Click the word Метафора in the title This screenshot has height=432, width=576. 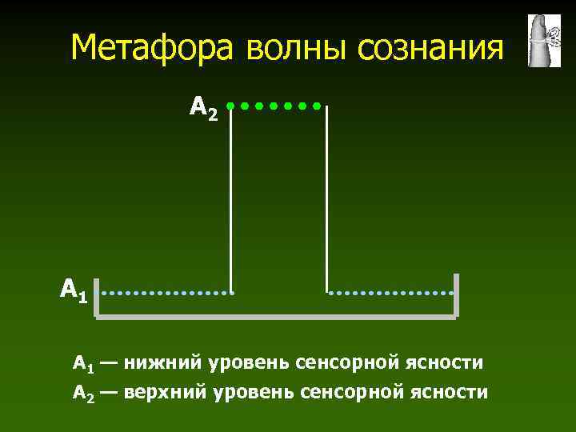[x=154, y=48]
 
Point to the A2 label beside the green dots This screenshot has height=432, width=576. [x=203, y=106]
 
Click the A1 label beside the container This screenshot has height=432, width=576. [x=74, y=289]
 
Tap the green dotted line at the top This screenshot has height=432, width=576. [x=274, y=105]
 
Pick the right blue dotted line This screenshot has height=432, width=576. [x=391, y=292]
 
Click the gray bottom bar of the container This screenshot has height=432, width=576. [x=276, y=318]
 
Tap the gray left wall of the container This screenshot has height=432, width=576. [x=96, y=297]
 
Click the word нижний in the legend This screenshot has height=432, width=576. [x=163, y=364]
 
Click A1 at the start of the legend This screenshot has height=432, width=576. [x=83, y=365]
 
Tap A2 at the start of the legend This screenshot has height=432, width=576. [x=83, y=393]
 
